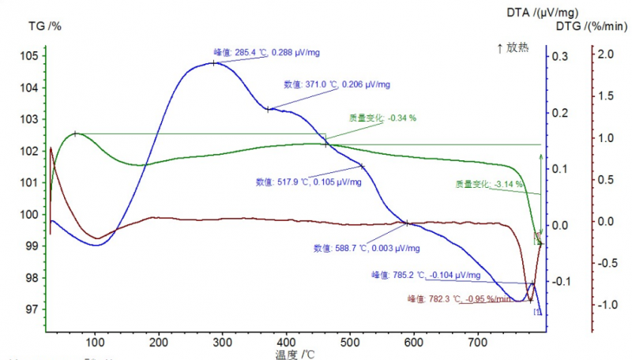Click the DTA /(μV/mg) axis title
(544, 12)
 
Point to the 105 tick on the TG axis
(29, 55)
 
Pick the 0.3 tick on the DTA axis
(559, 57)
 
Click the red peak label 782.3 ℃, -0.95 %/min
(459, 298)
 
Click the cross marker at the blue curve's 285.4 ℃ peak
(214, 62)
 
